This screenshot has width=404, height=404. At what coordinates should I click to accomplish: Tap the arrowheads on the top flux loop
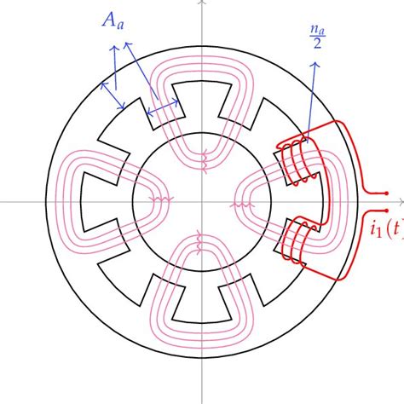click(203, 157)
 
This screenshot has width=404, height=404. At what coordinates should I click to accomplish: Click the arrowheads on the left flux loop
click(163, 203)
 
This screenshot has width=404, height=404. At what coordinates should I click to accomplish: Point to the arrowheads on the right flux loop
click(242, 205)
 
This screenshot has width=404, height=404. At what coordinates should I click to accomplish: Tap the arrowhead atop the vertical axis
click(202, 3)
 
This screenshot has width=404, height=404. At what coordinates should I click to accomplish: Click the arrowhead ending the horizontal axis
click(400, 202)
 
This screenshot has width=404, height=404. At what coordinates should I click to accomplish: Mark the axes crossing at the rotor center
click(202, 202)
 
